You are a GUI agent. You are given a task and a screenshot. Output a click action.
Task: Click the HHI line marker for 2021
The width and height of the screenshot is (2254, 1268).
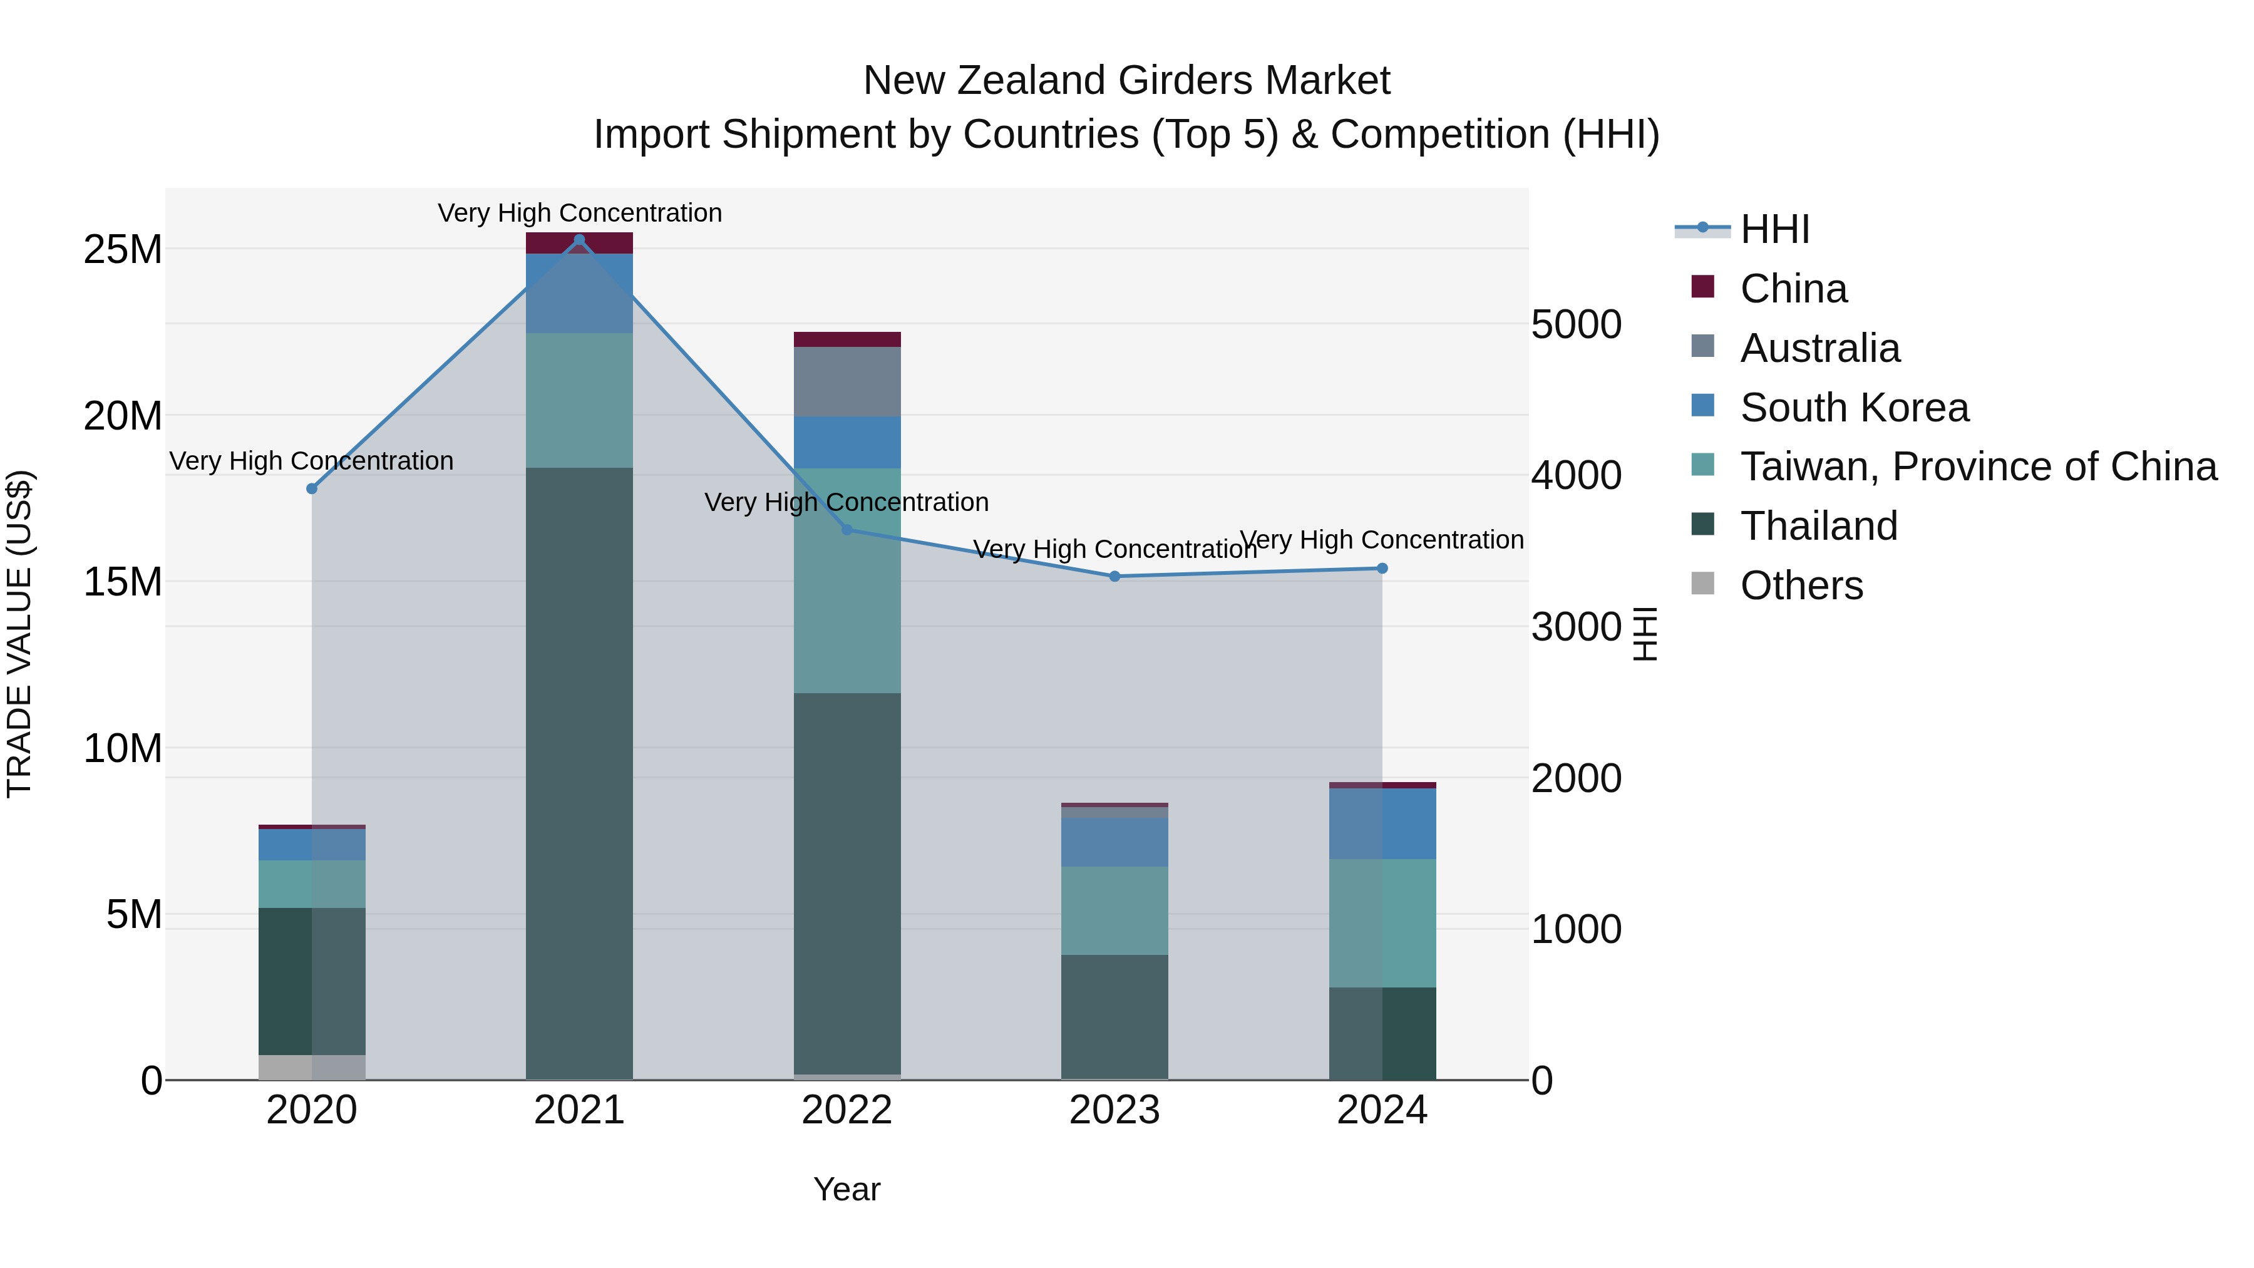(579, 240)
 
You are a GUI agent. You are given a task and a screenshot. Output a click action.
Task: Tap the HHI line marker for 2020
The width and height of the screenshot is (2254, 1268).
(312, 488)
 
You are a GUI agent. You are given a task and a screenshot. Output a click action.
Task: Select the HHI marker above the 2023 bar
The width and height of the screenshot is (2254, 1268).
(1114, 577)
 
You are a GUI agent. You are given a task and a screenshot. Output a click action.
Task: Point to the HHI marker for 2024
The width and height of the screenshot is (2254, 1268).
(1382, 569)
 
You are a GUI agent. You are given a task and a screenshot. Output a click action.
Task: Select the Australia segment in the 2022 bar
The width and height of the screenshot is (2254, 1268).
(847, 381)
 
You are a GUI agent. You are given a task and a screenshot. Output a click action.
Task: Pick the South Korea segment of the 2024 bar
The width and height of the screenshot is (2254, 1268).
(1382, 823)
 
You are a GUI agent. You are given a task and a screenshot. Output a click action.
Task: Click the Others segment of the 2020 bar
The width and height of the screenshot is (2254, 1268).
(312, 1068)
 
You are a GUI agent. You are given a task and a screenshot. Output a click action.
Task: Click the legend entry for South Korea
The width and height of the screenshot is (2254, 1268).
(1854, 408)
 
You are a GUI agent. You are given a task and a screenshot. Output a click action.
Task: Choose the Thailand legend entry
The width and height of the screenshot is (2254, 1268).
(1818, 527)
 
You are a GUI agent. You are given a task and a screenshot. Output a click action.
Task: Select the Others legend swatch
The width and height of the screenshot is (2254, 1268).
(1703, 584)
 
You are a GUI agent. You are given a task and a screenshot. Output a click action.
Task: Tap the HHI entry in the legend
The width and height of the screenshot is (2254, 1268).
(1774, 229)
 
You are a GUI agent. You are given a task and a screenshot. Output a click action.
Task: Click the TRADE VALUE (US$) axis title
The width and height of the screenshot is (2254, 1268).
(19, 634)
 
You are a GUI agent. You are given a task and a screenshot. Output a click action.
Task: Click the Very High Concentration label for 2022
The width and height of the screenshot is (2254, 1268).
(847, 502)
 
